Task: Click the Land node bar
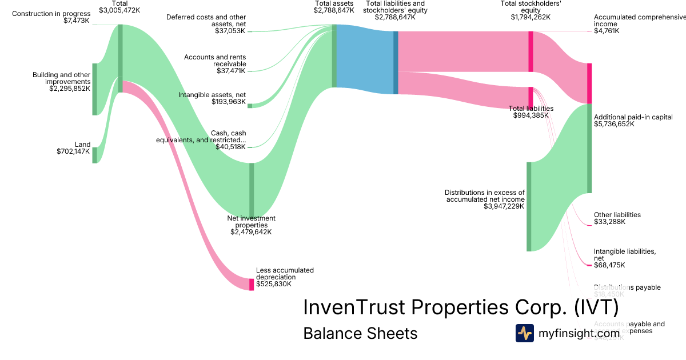(95, 155)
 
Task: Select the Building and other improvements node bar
(95, 89)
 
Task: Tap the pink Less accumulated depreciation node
(252, 284)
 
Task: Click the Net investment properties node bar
(252, 190)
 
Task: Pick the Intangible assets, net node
(250, 106)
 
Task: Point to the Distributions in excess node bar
(529, 206)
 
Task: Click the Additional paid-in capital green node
(589, 149)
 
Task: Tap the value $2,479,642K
(251, 232)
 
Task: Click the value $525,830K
(274, 283)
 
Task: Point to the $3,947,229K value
(504, 206)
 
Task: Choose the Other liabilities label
(617, 215)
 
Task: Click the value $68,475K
(609, 265)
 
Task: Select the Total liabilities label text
(531, 109)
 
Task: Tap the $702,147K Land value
(73, 151)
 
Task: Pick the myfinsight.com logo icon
(525, 333)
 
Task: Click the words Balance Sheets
(360, 333)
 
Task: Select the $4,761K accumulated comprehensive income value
(607, 31)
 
